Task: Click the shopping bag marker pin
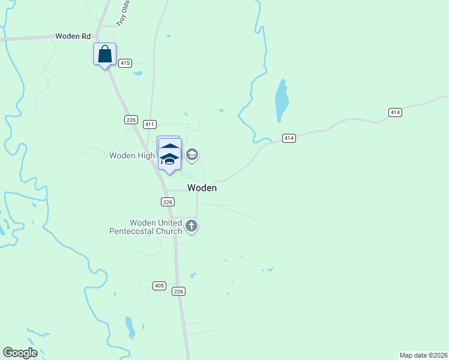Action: point(105,54)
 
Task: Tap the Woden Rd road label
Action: point(73,36)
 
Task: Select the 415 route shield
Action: point(125,63)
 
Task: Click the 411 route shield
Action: point(150,124)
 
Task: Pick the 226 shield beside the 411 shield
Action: point(131,120)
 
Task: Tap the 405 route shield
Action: point(159,286)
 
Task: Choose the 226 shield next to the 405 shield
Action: point(178,291)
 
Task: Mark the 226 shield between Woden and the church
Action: point(167,202)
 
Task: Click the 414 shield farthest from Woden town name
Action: point(395,112)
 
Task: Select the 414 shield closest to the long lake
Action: point(289,139)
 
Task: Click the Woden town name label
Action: point(202,188)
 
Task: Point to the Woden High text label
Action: point(132,155)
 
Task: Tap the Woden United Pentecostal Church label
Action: point(145,227)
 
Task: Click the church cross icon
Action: point(191,226)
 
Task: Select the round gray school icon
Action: point(192,155)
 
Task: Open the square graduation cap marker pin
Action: point(170,157)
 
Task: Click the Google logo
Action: point(20,353)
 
